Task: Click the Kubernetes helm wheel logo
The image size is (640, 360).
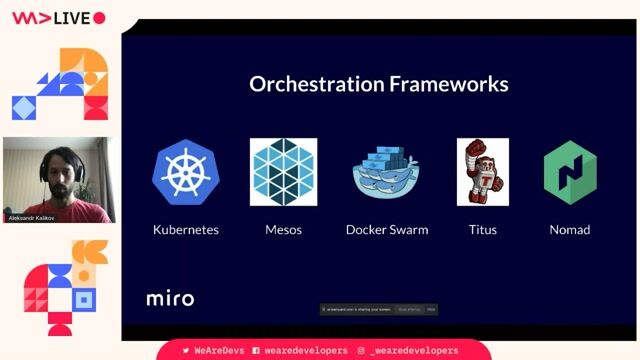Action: pyautogui.click(x=185, y=172)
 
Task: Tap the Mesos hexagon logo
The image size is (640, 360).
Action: pyautogui.click(x=283, y=172)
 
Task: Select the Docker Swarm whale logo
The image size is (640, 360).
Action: pyautogui.click(x=386, y=172)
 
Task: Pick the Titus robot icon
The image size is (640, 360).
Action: pyautogui.click(x=482, y=172)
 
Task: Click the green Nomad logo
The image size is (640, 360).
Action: pyautogui.click(x=569, y=172)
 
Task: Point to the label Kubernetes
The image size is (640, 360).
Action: pyautogui.click(x=185, y=230)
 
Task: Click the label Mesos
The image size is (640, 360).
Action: pyautogui.click(x=283, y=230)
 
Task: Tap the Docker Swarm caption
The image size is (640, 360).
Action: pyautogui.click(x=386, y=230)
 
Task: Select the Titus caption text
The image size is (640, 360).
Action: pyautogui.click(x=482, y=230)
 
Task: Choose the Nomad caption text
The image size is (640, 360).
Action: pyautogui.click(x=569, y=230)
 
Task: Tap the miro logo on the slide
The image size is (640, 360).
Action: pyautogui.click(x=170, y=298)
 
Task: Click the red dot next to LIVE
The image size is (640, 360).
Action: pyautogui.click(x=99, y=17)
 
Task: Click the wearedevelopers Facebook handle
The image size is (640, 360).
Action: pyautogui.click(x=305, y=351)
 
